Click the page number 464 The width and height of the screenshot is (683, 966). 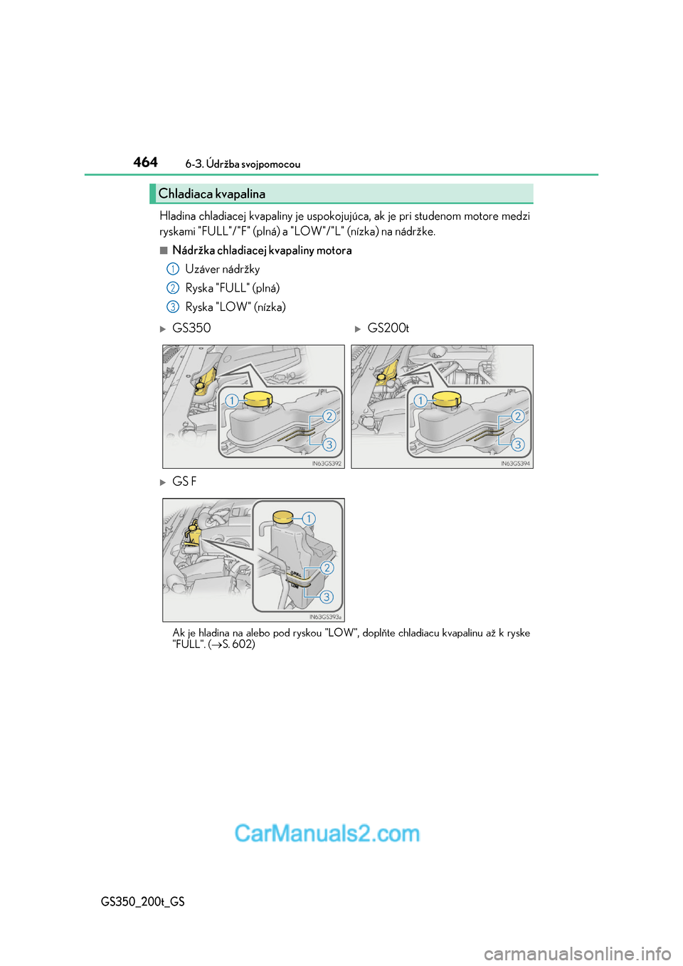tap(145, 162)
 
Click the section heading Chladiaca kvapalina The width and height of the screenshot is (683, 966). tap(211, 193)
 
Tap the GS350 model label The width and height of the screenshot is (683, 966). tap(191, 328)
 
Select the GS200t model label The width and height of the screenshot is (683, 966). tap(388, 328)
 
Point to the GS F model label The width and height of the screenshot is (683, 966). tap(184, 482)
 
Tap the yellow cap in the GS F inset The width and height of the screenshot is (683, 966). tap(283, 516)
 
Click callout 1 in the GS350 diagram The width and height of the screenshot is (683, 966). tap(231, 400)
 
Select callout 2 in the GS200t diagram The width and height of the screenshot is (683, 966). tap(518, 416)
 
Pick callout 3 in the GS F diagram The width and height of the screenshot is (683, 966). tap(327, 597)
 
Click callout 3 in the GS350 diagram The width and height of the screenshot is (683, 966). tap(329, 445)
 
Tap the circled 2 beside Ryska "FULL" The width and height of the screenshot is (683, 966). tap(172, 288)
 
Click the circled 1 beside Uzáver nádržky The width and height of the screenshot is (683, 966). tap(172, 269)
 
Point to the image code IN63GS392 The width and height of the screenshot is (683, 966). tap(327, 464)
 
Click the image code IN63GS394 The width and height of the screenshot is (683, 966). tap(515, 464)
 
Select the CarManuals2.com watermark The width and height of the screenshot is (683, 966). tap(327, 833)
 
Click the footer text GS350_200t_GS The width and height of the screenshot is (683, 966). tap(143, 901)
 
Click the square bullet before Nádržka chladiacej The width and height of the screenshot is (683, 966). tap(164, 250)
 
